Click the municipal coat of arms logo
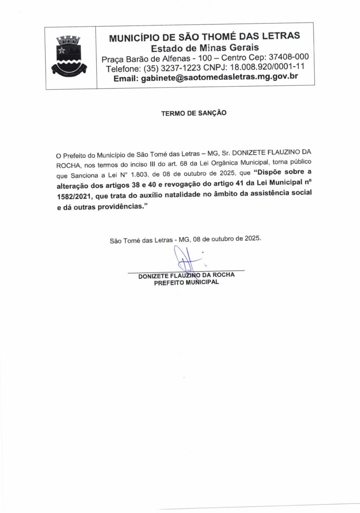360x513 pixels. [69, 55]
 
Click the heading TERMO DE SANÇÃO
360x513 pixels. [194, 113]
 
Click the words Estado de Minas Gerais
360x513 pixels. [205, 48]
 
